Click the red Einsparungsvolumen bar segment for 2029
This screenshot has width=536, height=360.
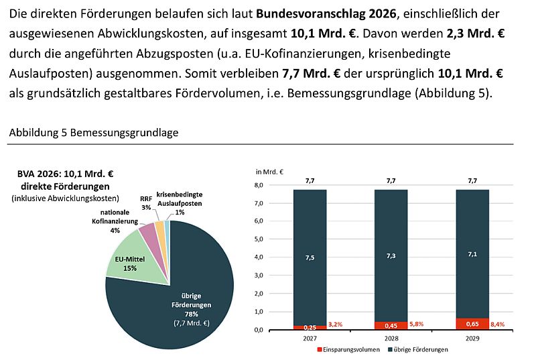pyautogui.click(x=472, y=324)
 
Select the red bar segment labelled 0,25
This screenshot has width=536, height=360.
pyautogui.click(x=310, y=326)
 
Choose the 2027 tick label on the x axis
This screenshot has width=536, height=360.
pyautogui.click(x=310, y=339)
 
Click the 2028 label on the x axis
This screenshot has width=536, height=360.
pyautogui.click(x=391, y=339)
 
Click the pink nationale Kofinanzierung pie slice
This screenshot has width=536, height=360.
pyautogui.click(x=148, y=235)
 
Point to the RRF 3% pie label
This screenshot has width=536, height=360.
pyautogui.click(x=145, y=203)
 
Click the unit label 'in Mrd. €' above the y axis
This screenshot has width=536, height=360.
pyautogui.click(x=271, y=172)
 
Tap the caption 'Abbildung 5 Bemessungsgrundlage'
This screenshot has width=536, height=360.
pyautogui.click(x=93, y=133)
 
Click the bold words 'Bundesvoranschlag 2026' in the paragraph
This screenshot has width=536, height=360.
pyautogui.click(x=331, y=13)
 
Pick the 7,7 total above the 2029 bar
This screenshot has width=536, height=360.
pyautogui.click(x=472, y=180)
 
